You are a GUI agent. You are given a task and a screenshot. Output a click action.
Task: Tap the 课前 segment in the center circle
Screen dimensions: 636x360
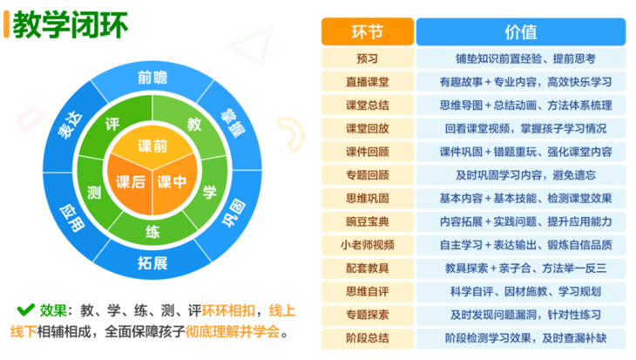(153, 145)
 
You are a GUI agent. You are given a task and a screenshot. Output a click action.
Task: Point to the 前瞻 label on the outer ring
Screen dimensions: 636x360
(152, 77)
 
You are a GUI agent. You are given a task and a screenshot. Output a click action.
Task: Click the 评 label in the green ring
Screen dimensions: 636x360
(111, 123)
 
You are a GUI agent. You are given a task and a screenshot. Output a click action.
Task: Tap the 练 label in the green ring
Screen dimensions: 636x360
(152, 231)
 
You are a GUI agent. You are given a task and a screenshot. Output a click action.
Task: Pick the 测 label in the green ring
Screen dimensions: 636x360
(93, 190)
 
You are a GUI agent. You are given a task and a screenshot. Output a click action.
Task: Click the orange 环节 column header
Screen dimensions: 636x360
(367, 31)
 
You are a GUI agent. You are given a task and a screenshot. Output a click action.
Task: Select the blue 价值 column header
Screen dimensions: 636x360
(520, 31)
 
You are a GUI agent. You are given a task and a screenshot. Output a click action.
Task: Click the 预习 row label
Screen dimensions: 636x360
(367, 59)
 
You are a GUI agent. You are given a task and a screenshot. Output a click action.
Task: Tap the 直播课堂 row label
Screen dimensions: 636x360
(367, 83)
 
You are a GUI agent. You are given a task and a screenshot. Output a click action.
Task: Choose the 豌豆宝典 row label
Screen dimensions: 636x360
(367, 221)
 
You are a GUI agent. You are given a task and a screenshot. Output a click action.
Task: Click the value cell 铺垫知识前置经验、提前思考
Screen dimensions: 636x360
(520, 59)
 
